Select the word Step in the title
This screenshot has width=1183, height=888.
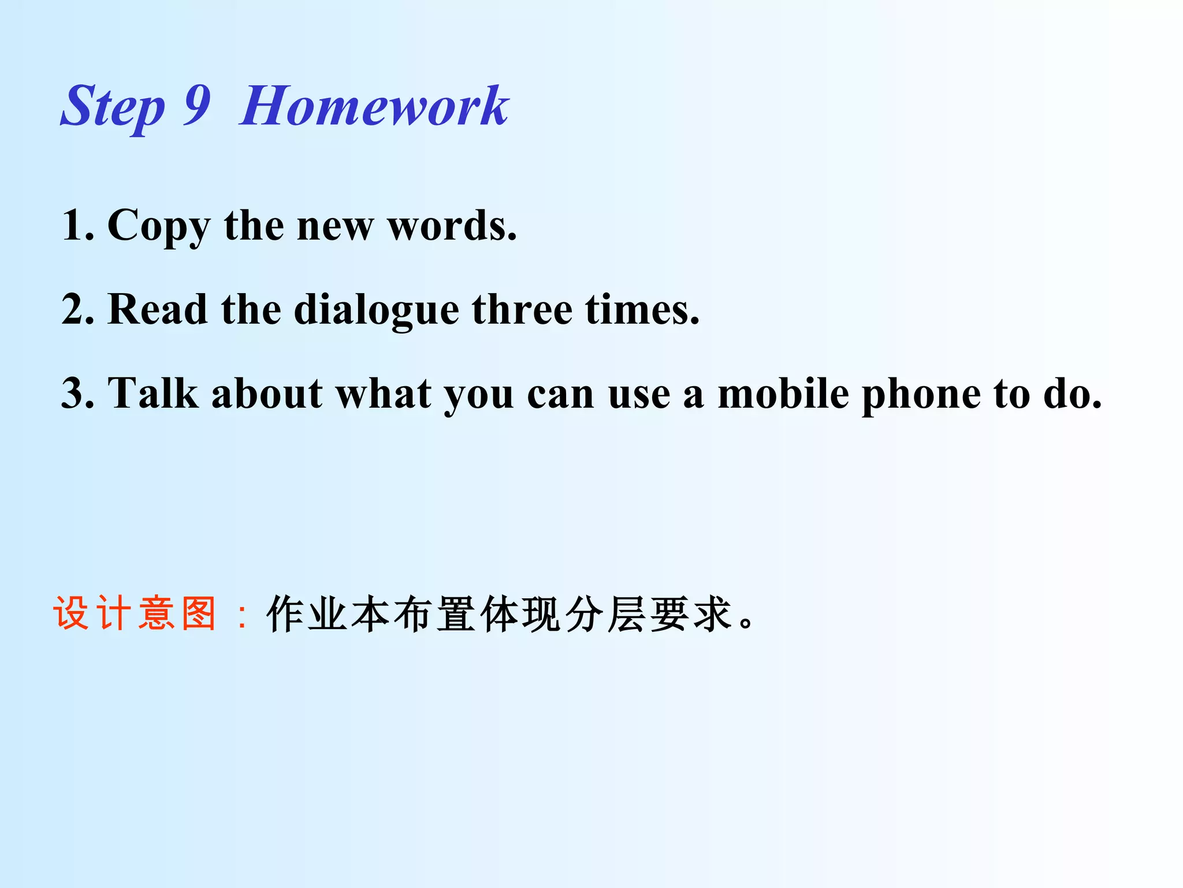(113, 108)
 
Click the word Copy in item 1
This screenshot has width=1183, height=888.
(159, 226)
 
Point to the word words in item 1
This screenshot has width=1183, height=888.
(452, 225)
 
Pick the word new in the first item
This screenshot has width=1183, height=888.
(334, 226)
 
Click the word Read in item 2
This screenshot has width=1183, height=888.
(157, 309)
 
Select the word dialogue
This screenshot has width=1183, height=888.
(377, 310)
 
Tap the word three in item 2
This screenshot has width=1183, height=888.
(522, 309)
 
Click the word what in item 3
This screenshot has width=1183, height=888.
(384, 394)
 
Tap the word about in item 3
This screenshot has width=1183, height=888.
(267, 394)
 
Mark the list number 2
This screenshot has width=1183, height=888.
(76, 309)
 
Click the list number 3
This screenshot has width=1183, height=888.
(76, 394)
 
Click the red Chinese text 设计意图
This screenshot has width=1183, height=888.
(135, 613)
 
